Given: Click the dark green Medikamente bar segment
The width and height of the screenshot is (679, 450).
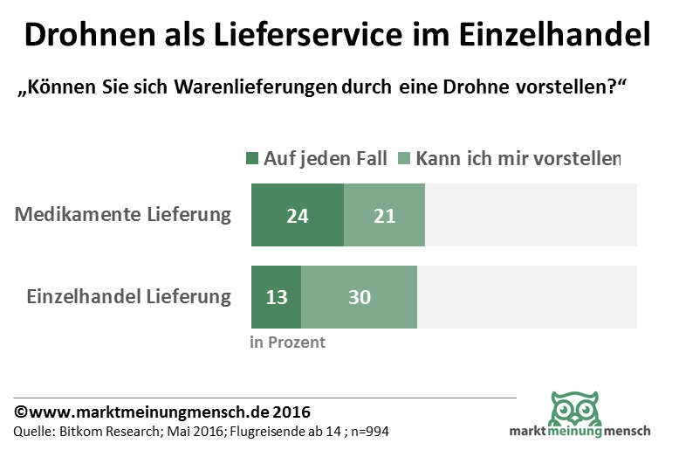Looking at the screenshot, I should point(297,215).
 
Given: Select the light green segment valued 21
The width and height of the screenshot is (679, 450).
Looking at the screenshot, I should point(384,215).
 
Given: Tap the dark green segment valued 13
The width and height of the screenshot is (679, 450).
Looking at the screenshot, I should point(276,296).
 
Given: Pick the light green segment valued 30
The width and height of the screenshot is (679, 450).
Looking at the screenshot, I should point(359,296).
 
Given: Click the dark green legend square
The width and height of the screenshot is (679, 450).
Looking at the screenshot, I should point(253,159).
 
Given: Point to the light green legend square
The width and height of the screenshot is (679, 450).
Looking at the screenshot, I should point(404,159).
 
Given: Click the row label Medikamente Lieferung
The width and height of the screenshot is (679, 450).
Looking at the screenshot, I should point(123,215).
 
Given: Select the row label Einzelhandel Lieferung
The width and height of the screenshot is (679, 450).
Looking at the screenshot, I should point(128,296).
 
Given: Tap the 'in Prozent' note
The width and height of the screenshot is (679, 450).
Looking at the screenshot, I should point(287,342).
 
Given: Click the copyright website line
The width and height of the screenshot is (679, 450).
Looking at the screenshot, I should point(161,412).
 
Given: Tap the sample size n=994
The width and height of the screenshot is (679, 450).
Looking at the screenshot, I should point(367,432).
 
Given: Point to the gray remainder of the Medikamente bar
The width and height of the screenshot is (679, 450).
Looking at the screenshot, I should point(531,215).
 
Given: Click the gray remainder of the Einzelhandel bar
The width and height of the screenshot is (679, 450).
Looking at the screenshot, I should point(527,296).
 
